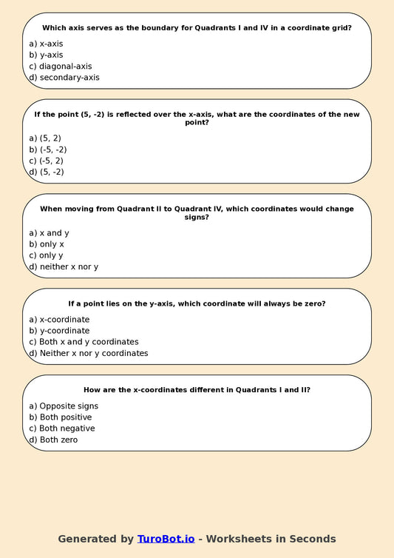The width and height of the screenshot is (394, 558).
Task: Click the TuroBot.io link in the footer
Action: [166, 539]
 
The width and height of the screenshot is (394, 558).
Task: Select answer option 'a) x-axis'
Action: [46, 44]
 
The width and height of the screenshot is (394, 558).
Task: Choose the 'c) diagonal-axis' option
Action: [60, 66]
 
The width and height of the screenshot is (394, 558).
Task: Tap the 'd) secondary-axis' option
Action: [64, 77]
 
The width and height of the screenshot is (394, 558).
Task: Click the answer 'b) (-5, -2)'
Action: [48, 149]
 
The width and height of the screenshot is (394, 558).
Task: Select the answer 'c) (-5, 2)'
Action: [46, 161]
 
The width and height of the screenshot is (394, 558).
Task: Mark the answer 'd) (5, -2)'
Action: [46, 172]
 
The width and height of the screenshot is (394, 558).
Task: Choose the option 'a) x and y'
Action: [49, 232]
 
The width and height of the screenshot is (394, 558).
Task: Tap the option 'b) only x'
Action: [47, 243]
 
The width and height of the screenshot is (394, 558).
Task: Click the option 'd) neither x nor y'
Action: [63, 266]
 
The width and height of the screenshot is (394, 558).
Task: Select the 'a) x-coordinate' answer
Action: [59, 319]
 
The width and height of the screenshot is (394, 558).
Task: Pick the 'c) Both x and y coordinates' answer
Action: [84, 342]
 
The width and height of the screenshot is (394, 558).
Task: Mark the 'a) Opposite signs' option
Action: [63, 406]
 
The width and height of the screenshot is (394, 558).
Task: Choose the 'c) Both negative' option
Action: [61, 428]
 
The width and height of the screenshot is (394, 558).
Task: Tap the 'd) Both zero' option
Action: [52, 440]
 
